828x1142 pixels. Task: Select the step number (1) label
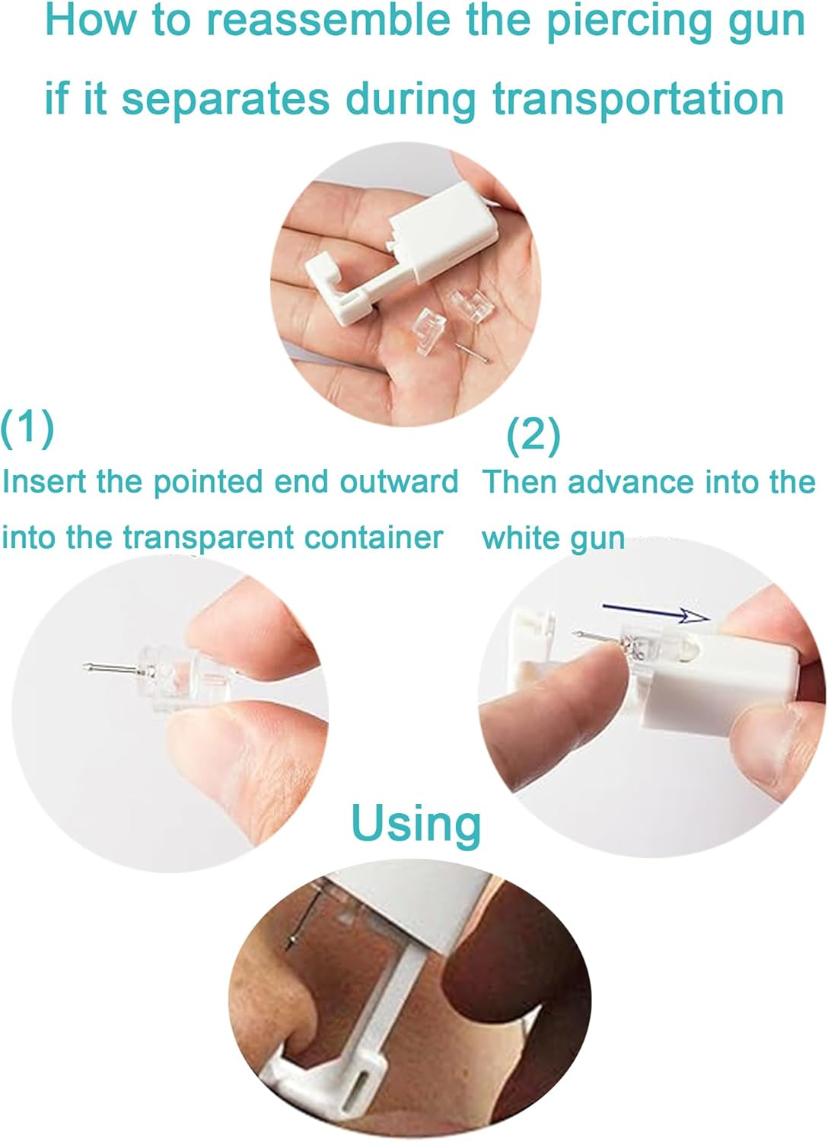click(27, 428)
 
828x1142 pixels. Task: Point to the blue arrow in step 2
click(656, 612)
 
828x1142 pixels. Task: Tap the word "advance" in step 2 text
click(631, 482)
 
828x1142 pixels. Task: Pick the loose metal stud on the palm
click(473, 352)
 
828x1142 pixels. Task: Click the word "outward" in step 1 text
click(399, 482)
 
